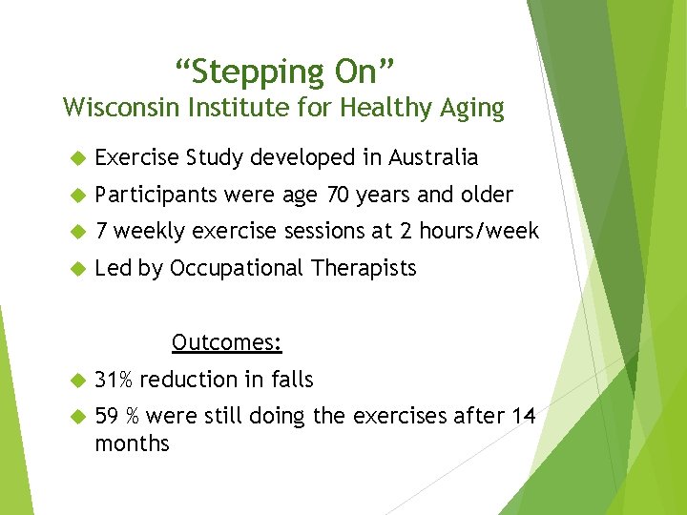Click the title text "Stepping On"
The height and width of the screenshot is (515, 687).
[283, 72]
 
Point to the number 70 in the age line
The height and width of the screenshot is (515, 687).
[338, 195]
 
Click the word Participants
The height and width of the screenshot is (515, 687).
[156, 196]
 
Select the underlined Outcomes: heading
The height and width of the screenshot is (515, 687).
[226, 341]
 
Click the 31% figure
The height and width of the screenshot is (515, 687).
[114, 380]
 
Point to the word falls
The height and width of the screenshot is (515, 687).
[292, 380]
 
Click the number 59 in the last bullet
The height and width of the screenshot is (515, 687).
[107, 416]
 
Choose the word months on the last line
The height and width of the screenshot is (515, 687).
[132, 443]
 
